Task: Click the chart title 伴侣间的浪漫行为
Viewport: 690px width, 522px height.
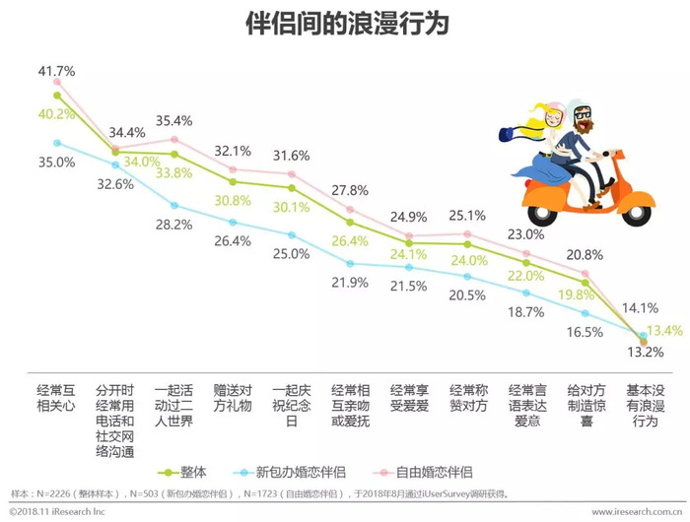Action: point(345,24)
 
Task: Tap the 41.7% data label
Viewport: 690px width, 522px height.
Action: point(57,71)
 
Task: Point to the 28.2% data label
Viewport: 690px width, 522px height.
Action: point(173,225)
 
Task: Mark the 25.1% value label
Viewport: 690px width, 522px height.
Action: point(467,216)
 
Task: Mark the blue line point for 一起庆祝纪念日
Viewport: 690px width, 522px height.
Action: point(292,234)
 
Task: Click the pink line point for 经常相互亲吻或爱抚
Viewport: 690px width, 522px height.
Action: point(350,210)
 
